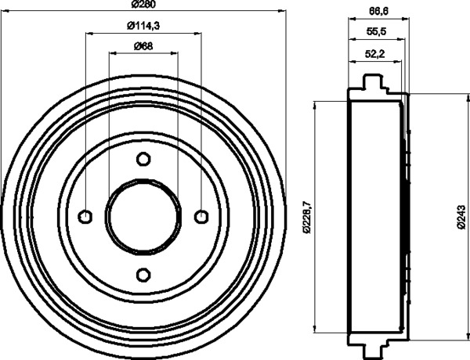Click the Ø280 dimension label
pos(143,4)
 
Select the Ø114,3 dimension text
pos(143,26)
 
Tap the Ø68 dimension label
pos(143,46)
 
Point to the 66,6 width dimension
pos(378,11)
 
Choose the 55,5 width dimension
pos(376,31)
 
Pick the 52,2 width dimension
pos(374,54)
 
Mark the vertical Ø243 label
pos(461,218)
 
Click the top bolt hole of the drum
pos(143,159)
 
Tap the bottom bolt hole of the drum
pos(143,275)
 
